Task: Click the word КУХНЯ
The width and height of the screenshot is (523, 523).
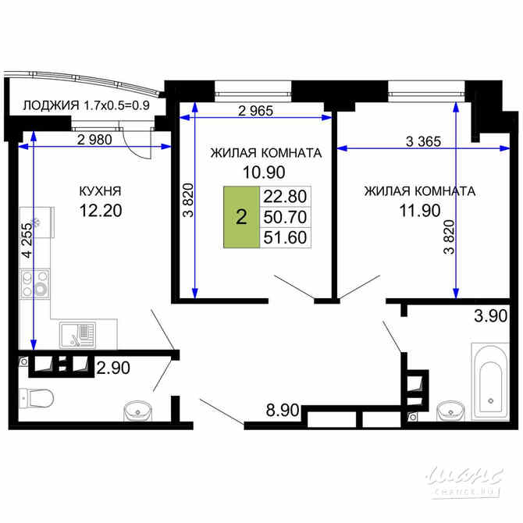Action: click(100, 190)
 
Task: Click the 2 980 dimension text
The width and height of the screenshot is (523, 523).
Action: click(94, 140)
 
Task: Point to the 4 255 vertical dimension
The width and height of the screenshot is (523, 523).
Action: click(27, 243)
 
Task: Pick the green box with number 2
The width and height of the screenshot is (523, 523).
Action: click(241, 218)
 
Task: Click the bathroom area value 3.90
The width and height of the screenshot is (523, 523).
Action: click(491, 316)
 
